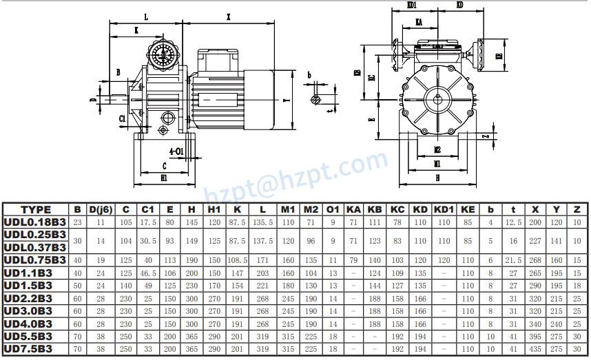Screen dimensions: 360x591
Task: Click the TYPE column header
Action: point(36,209)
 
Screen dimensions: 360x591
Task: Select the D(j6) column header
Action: point(101,209)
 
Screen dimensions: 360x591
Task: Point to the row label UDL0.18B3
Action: point(34,222)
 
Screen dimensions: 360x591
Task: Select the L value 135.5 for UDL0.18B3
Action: point(262,222)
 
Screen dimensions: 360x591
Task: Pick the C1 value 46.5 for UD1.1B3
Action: point(148,273)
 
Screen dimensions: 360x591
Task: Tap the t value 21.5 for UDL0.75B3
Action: point(513,260)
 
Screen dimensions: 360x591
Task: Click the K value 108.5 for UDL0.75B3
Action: point(237,260)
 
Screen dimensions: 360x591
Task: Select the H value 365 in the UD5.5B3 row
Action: point(191,337)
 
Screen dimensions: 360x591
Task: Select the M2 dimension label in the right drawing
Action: point(437,149)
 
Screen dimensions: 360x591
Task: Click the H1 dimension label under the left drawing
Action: point(163,177)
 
